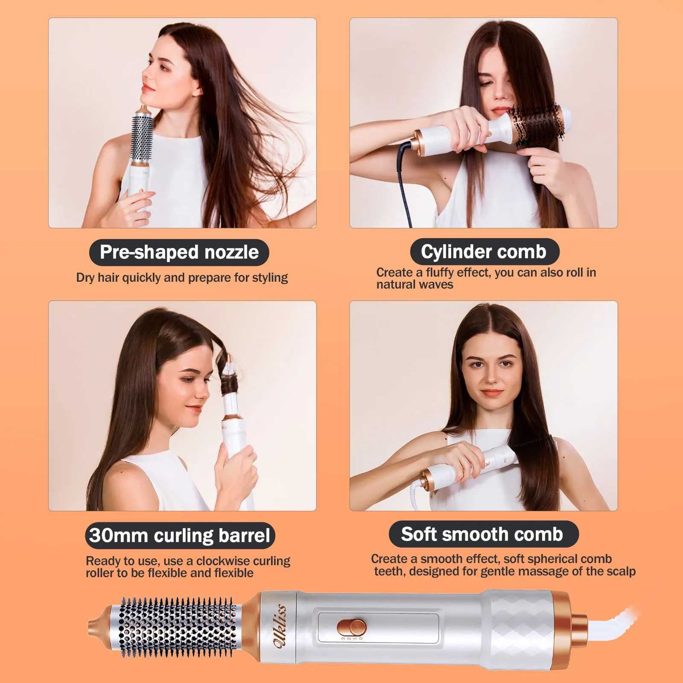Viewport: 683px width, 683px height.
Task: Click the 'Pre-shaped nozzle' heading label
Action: (179, 252)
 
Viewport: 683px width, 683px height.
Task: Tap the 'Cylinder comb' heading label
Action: (485, 251)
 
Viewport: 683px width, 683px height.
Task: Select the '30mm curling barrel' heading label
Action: (180, 535)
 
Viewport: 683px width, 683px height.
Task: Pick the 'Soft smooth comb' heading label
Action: (483, 534)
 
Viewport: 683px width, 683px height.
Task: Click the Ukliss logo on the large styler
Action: (280, 626)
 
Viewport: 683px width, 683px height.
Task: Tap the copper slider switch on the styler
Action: (351, 628)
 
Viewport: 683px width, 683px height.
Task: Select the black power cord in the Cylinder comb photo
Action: (403, 179)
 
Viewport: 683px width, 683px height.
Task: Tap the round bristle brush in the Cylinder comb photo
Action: (539, 124)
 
